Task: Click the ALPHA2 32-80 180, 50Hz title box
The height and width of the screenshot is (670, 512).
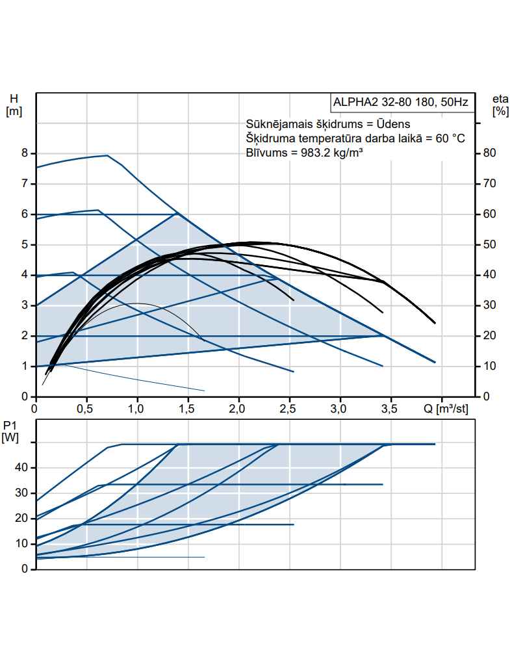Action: [400, 103]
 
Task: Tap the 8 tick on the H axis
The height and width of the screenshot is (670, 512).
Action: [25, 153]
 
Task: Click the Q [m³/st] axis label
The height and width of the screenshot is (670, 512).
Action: [446, 409]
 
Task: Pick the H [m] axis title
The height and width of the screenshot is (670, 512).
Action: [14, 105]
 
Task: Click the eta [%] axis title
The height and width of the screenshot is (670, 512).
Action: [500, 105]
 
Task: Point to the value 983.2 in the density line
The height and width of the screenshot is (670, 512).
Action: [309, 153]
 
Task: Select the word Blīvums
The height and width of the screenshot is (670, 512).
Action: [265, 153]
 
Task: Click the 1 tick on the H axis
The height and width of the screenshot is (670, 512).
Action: [25, 367]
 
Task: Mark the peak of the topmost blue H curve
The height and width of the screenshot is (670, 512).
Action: [107, 155]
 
